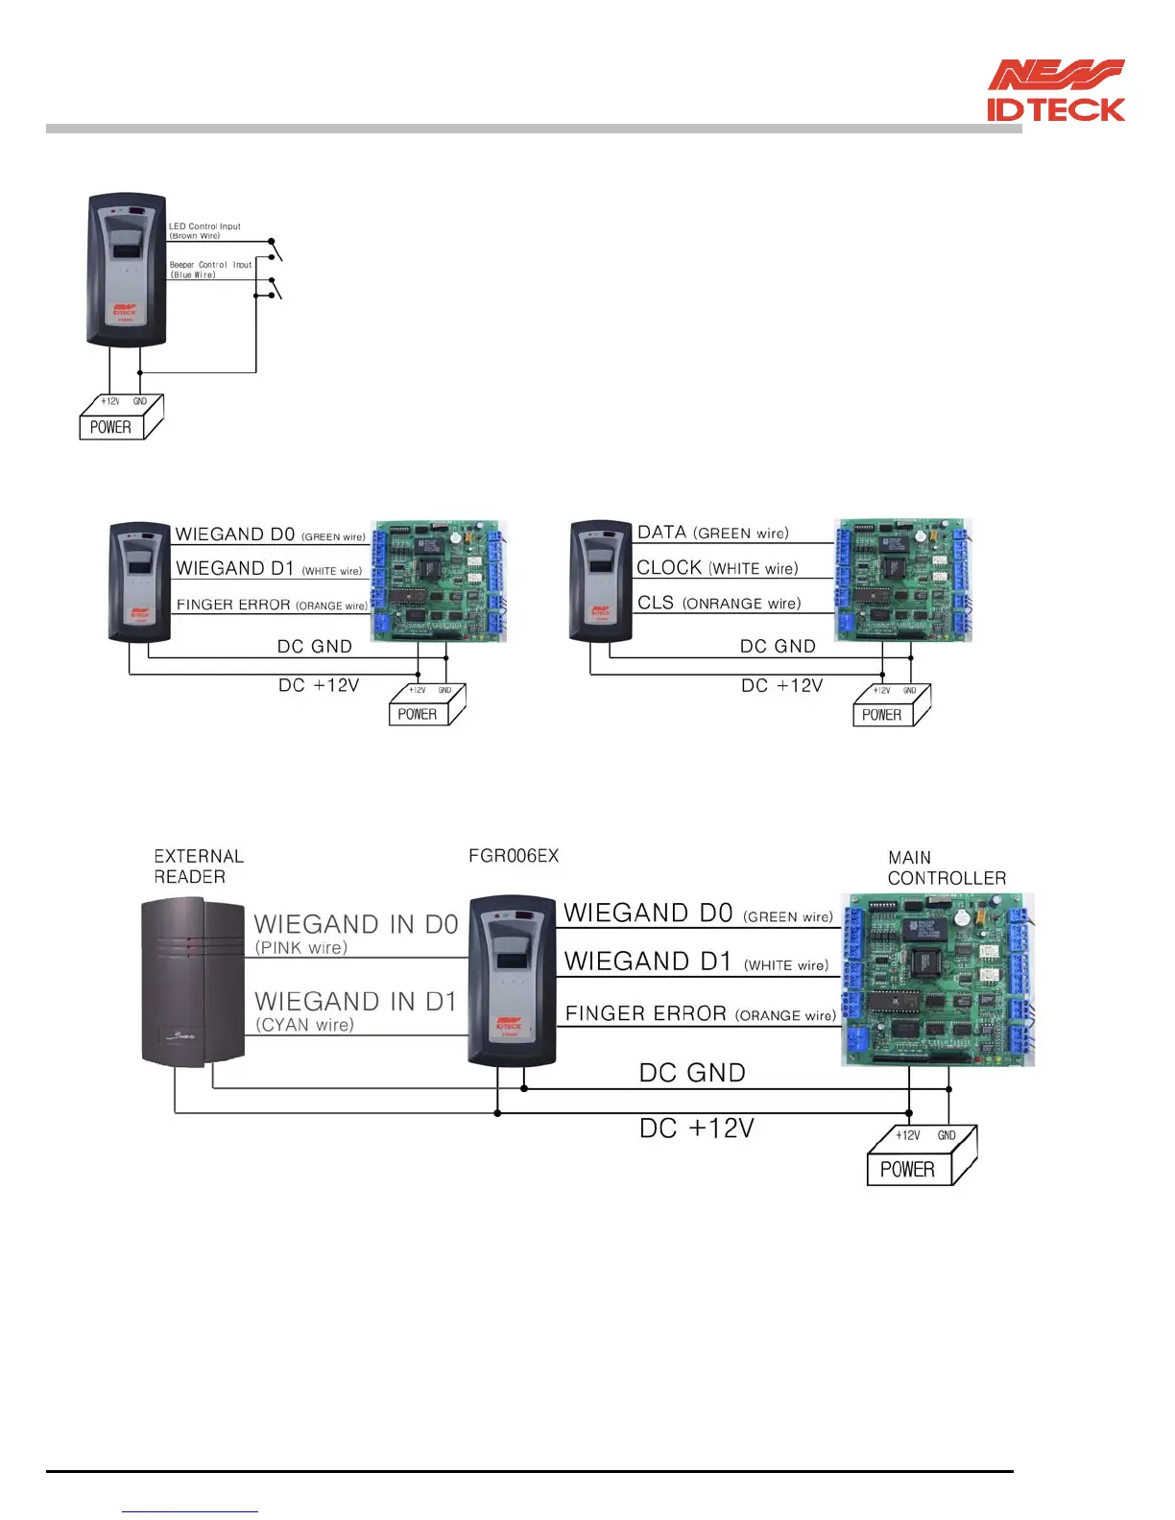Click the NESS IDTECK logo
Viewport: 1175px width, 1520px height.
coord(1055,91)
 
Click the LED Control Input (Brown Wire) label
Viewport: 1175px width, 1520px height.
coord(204,231)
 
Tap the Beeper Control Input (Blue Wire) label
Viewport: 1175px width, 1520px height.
coord(210,270)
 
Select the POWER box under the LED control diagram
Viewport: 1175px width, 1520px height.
coord(113,426)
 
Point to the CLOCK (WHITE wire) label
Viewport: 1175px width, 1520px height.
coord(717,567)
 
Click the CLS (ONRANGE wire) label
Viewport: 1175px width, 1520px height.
coord(718,603)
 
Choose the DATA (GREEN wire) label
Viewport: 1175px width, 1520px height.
coord(712,533)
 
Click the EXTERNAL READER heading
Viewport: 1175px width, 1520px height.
coord(199,866)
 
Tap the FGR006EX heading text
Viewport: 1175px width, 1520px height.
coord(514,855)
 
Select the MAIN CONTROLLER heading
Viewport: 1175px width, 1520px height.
coord(946,867)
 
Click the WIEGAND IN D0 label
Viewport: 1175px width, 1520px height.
coord(355,924)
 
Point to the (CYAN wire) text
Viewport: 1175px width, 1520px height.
coord(304,1025)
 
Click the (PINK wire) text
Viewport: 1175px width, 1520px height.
coord(301,948)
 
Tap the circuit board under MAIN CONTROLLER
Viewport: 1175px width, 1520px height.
coord(937,979)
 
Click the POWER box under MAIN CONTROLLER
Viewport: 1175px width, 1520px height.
coord(908,1169)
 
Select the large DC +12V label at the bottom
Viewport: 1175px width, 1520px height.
coord(697,1128)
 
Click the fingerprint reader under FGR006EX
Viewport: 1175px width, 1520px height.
coord(512,980)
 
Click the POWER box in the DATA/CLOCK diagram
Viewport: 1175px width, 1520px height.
coord(882,714)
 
